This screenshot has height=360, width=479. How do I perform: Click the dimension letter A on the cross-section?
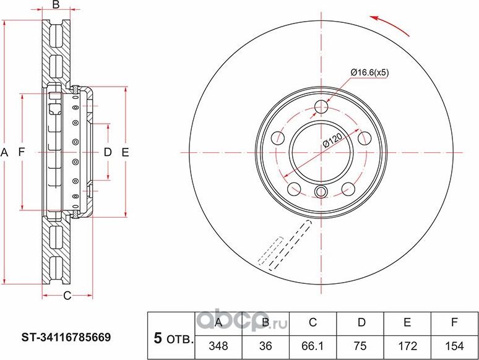pos(5,152)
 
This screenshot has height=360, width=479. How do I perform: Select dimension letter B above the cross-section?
pos(55,6)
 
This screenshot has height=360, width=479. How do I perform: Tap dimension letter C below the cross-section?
pos(68,296)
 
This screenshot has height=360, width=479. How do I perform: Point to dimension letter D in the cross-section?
pos(107,152)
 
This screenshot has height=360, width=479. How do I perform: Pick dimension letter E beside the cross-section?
pos(124,152)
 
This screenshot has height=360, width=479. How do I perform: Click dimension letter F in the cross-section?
pos(22,152)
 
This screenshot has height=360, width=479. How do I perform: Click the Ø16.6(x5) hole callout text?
pos(369,72)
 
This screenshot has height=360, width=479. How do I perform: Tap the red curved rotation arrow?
pos(391,25)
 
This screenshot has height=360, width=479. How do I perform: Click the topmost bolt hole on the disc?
pos(321,107)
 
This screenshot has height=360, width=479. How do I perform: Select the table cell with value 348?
pos(218,346)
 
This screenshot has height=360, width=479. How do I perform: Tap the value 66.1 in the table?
pos(313,346)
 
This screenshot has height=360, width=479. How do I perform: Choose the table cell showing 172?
pos(408,346)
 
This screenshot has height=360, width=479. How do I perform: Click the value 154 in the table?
pos(455,346)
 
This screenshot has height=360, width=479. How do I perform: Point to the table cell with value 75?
pos(361,346)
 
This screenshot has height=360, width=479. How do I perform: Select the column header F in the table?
pos(455,322)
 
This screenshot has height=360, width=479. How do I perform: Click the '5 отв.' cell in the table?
pos(171,338)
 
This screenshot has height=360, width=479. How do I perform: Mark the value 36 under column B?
pos(265,346)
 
